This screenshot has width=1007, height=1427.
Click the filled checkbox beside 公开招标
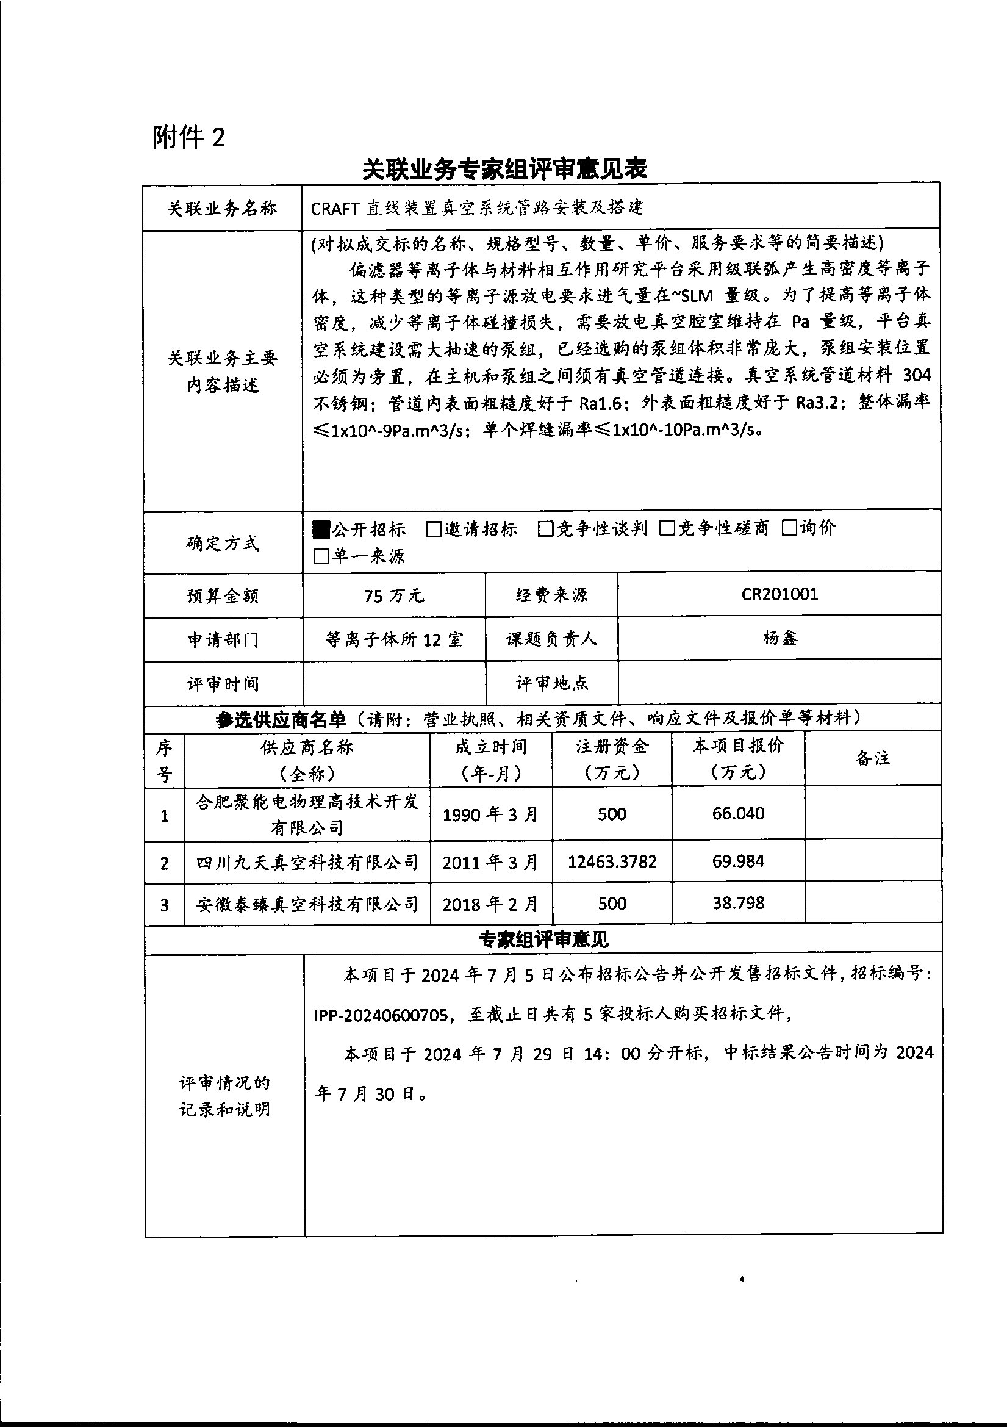[321, 529]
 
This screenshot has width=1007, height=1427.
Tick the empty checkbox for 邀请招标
[434, 529]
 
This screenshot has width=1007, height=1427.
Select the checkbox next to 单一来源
[321, 556]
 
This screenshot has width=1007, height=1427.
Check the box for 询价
[789, 528]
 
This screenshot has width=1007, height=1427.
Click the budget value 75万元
[394, 595]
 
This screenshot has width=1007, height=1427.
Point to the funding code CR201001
[779, 594]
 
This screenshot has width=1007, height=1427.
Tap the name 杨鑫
[779, 638]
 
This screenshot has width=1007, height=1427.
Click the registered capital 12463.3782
[612, 861]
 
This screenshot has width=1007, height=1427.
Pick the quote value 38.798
[738, 902]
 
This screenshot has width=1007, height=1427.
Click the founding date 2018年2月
[490, 904]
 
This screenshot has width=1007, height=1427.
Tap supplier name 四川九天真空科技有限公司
[307, 862]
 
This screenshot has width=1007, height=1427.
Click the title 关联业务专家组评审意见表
[504, 169]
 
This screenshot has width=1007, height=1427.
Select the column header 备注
[873, 758]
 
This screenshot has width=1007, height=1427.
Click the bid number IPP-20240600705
[381, 1015]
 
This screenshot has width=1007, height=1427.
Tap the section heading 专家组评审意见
[543, 939]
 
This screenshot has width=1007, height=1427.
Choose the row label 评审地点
[551, 683]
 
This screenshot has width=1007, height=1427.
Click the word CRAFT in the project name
[334, 208]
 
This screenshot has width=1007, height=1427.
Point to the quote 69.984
[738, 861]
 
